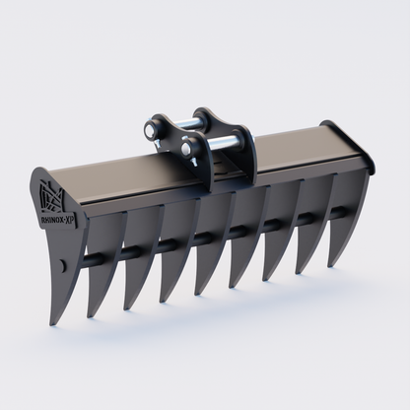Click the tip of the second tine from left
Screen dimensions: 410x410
[x=127, y=308]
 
